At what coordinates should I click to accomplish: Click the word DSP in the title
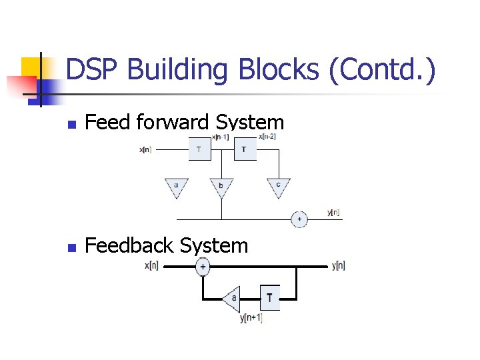tap(91, 71)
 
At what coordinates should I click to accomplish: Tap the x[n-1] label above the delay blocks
tap(221, 137)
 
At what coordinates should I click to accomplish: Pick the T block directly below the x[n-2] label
tap(245, 150)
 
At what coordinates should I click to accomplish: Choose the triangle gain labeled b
tap(221, 187)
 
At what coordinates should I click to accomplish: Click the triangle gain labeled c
tap(279, 187)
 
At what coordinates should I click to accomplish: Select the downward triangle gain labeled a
tap(177, 187)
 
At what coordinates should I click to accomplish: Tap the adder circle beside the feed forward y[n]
tap(299, 219)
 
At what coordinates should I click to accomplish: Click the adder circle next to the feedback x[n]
tap(203, 267)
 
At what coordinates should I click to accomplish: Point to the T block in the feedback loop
tap(269, 298)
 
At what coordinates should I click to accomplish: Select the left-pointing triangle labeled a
tap(231, 298)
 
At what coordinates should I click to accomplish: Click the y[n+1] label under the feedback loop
tap(251, 318)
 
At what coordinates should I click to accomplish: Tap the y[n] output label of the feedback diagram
tap(338, 267)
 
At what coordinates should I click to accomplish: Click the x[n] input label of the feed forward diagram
tap(145, 150)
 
